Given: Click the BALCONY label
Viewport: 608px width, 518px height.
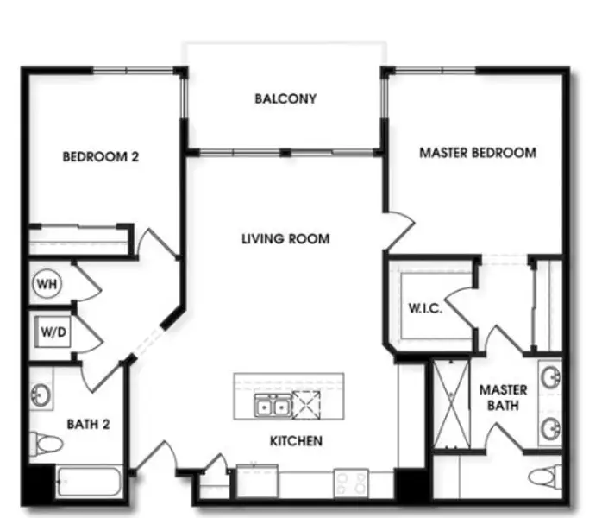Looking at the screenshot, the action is coord(285,98).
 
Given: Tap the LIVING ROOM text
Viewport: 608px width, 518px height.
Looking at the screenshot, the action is coord(285,238).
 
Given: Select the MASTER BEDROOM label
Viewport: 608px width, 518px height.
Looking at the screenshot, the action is coord(478,153).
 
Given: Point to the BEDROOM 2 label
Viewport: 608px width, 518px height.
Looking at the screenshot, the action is coord(100,156).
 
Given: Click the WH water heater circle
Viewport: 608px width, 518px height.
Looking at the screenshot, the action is coord(47,284).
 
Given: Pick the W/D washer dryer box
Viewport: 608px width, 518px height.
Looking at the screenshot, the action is coord(53,332).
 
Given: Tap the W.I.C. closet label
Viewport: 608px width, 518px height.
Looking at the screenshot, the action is coord(425,308).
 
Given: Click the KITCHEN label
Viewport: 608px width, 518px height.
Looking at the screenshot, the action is coord(296,440).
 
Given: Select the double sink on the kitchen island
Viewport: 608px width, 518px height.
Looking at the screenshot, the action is coord(273,406).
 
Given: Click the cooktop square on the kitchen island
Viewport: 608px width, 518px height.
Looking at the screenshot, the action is coord(306,406).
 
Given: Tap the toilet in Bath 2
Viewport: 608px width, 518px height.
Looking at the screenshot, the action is coord(46,443).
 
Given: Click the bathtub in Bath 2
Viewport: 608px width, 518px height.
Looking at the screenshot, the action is coord(89,482).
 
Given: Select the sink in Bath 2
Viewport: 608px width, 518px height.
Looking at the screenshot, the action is coord(41,395).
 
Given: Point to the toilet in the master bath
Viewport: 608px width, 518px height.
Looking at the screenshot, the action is coord(545,477).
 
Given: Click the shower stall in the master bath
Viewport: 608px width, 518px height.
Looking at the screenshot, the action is coord(451,404).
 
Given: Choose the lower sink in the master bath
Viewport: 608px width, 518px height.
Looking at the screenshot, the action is coord(551,428).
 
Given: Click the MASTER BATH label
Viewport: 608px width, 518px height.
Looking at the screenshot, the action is coord(503,397).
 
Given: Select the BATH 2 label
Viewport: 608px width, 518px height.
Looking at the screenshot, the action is coord(88,424).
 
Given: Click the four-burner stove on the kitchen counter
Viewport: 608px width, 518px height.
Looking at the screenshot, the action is coord(351,483).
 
